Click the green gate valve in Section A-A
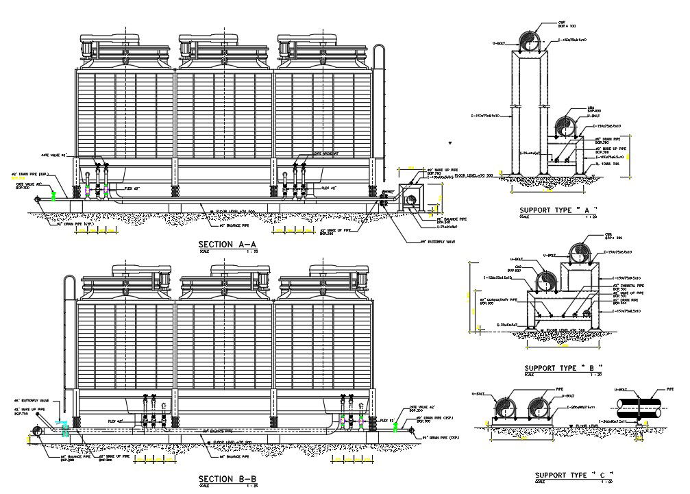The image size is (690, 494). click(x=53, y=197)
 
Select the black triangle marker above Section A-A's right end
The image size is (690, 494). click(x=451, y=144)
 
